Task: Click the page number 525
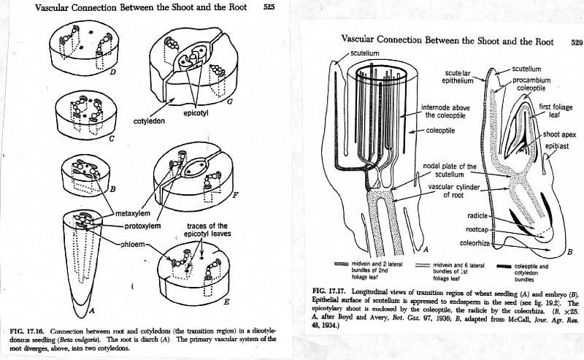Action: [x=269, y=7]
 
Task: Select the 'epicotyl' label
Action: [x=196, y=114]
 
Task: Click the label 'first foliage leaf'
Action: [x=555, y=110]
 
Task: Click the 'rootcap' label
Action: [x=477, y=229]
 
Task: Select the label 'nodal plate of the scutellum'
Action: [x=449, y=170]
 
